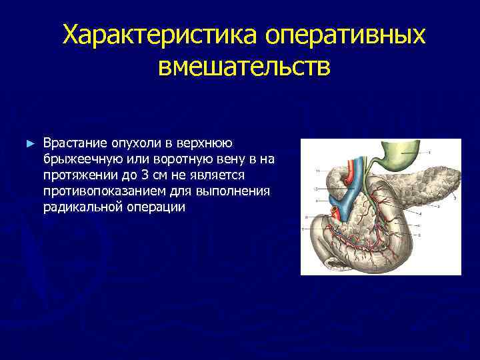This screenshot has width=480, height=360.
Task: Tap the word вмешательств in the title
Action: coord(244,67)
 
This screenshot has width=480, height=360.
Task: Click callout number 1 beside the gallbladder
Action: coord(429,153)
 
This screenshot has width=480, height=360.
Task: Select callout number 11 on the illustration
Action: coord(319,172)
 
